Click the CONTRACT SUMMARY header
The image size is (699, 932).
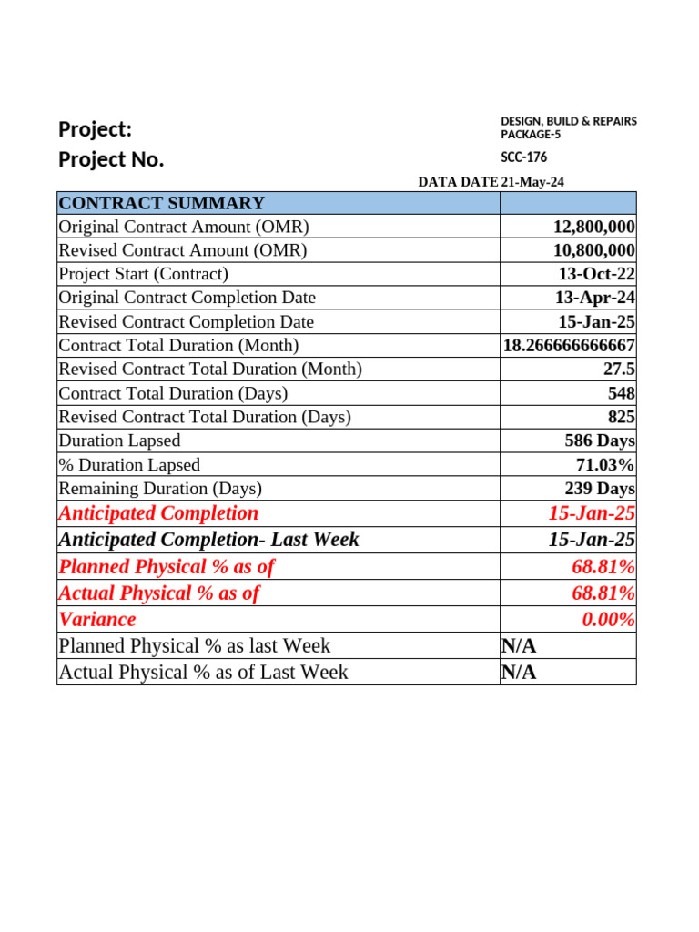[161, 203]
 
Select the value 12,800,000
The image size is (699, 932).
[594, 227]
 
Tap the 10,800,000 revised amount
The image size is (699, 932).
[594, 250]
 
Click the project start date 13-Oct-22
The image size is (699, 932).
[597, 274]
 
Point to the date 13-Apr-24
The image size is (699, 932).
[595, 298]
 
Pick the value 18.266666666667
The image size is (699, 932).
[569, 346]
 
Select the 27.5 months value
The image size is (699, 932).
[618, 370]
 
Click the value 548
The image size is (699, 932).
[622, 393]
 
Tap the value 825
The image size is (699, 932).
[622, 417]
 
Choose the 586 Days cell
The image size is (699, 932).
[600, 441]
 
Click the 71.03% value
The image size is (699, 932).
[605, 465]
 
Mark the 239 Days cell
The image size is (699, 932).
[600, 489]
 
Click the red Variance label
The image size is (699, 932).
[97, 620]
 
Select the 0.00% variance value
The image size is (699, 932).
[608, 620]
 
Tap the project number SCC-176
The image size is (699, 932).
[524, 157]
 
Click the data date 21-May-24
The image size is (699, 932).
[532, 182]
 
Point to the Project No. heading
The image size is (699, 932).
[111, 160]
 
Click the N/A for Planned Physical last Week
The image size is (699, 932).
[519, 646]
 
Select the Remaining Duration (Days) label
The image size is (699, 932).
[159, 489]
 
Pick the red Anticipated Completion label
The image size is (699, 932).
[158, 513]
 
